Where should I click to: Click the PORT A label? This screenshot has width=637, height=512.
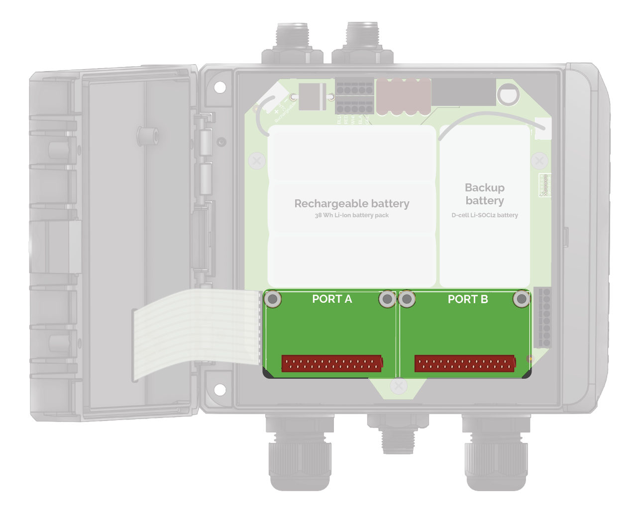tap(332, 299)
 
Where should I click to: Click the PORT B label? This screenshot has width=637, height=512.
tap(468, 299)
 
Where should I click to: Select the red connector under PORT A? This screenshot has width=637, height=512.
tap(332, 363)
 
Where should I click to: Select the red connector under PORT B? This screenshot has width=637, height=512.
tap(464, 363)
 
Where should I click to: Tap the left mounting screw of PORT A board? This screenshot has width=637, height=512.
tap(273, 299)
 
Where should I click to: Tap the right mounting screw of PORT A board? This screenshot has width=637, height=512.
tap(387, 299)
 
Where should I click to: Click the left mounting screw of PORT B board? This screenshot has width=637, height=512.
tap(407, 299)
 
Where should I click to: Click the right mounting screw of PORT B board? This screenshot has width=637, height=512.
tap(522, 299)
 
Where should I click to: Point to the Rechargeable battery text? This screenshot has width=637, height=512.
tap(352, 204)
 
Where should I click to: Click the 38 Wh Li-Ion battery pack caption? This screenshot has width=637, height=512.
tap(352, 215)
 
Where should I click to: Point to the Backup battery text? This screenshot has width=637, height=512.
tap(485, 194)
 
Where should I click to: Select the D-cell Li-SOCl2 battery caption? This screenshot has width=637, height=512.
tap(485, 215)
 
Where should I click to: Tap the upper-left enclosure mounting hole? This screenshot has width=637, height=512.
tap(220, 87)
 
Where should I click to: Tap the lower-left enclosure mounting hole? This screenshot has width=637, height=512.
tap(220, 390)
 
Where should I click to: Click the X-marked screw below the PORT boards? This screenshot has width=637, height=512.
tap(398, 386)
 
